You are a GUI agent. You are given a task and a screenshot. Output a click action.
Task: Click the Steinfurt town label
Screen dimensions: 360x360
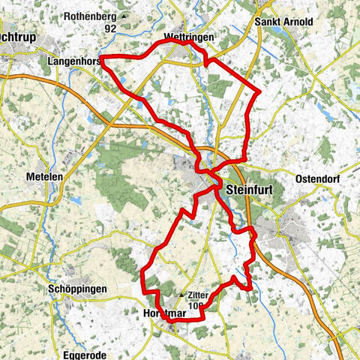coord(247,189)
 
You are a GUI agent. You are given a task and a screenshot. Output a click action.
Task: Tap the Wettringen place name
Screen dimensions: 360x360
coord(183,36)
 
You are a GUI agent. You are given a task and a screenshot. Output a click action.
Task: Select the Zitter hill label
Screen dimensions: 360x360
coord(199,295)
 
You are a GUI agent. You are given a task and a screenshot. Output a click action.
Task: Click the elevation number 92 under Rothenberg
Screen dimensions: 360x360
coord(111,28)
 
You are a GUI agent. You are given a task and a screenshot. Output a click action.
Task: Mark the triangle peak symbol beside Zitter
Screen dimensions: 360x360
coord(181,295)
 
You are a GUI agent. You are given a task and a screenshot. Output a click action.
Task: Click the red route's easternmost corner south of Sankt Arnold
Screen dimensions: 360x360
coord(259,91)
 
